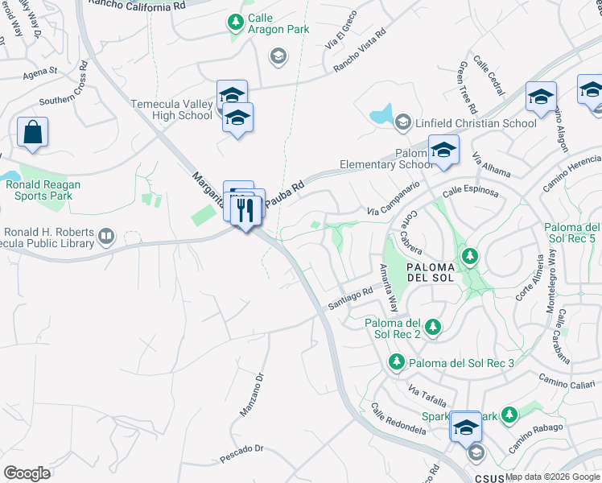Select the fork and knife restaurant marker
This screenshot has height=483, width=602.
[246, 211]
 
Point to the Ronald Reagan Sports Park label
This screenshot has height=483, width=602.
[45, 189]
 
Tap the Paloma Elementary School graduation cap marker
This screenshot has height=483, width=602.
[443, 150]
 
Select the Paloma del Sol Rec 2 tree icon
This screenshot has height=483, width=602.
[433, 326]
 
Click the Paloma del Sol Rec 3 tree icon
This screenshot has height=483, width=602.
[396, 362]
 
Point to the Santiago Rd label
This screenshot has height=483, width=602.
[350, 299]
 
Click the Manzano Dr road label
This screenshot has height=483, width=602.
[252, 395]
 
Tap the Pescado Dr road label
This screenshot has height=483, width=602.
[242, 453]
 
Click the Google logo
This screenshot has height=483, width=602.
[27, 473]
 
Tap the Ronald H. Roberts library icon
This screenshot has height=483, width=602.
[107, 237]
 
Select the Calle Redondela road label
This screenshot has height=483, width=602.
[398, 419]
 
